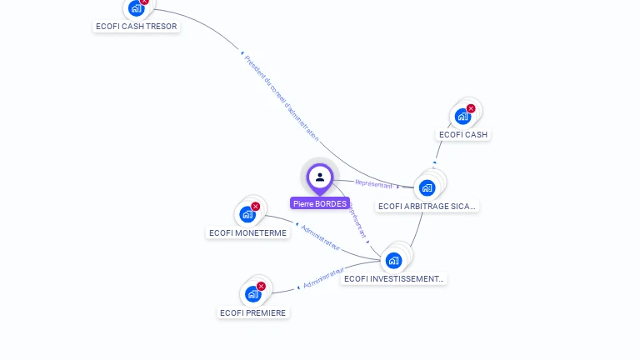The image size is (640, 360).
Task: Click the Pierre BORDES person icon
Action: [320, 177]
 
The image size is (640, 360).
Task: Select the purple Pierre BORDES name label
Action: [320, 203]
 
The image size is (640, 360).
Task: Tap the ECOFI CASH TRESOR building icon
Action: [136, 8]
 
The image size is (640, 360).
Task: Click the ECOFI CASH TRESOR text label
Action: [137, 26]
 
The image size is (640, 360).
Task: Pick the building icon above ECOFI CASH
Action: [462, 117]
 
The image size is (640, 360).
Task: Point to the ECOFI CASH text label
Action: [463, 134]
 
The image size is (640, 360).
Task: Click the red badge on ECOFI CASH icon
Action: [471, 108]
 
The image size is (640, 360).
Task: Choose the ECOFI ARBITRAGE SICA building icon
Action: [427, 187]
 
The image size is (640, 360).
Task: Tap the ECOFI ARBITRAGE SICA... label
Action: [427, 206]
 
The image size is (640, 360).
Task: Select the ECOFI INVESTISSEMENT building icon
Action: [394, 260]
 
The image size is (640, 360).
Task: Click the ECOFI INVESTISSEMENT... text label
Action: [394, 278]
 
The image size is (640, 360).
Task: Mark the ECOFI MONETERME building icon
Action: [247, 214]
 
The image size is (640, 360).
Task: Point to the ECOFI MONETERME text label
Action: [248, 232]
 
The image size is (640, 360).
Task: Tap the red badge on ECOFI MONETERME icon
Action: [256, 206]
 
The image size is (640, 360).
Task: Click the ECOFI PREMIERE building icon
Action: [252, 294]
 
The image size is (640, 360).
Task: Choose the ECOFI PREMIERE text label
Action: [253, 312]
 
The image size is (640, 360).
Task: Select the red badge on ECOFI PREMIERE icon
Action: [261, 286]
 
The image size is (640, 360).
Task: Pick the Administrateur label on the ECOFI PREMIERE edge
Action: [323, 278]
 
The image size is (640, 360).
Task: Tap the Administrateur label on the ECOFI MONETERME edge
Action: [321, 237]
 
